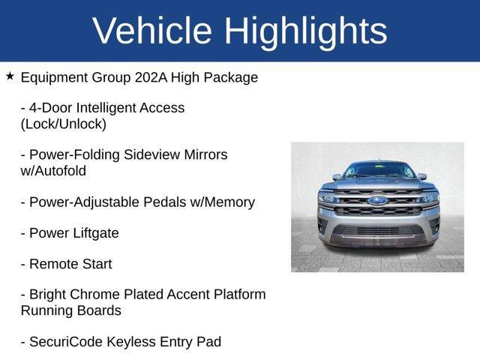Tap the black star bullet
pos(10,76)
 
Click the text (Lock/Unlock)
pos(64,124)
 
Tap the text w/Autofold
pos(53,170)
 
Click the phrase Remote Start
pos(70,264)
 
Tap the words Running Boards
pos(70,310)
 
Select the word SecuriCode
pos(67,342)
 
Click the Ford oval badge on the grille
pos(377,201)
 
